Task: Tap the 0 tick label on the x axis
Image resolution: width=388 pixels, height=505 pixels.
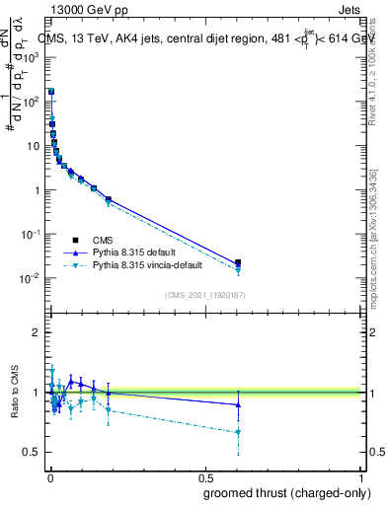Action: pos(49,478)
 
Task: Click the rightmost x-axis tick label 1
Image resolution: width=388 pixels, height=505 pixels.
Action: pos(362,478)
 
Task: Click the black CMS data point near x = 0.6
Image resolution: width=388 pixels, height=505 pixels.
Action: pos(238,263)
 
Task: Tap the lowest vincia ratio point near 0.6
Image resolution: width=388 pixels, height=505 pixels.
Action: pos(238,432)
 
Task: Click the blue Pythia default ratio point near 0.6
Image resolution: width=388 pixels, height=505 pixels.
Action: pos(238,404)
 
